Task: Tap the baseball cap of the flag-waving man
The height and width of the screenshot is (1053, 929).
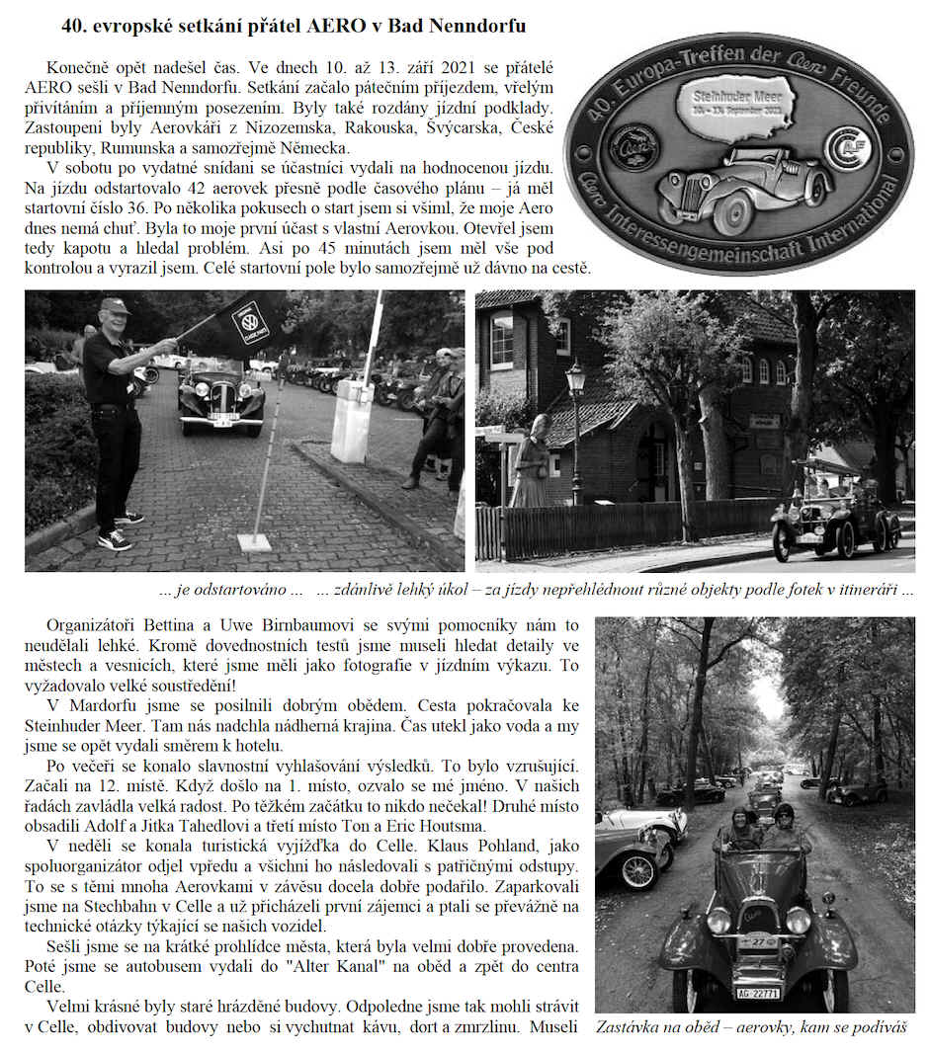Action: click(115, 306)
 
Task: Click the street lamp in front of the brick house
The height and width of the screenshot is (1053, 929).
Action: click(575, 415)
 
